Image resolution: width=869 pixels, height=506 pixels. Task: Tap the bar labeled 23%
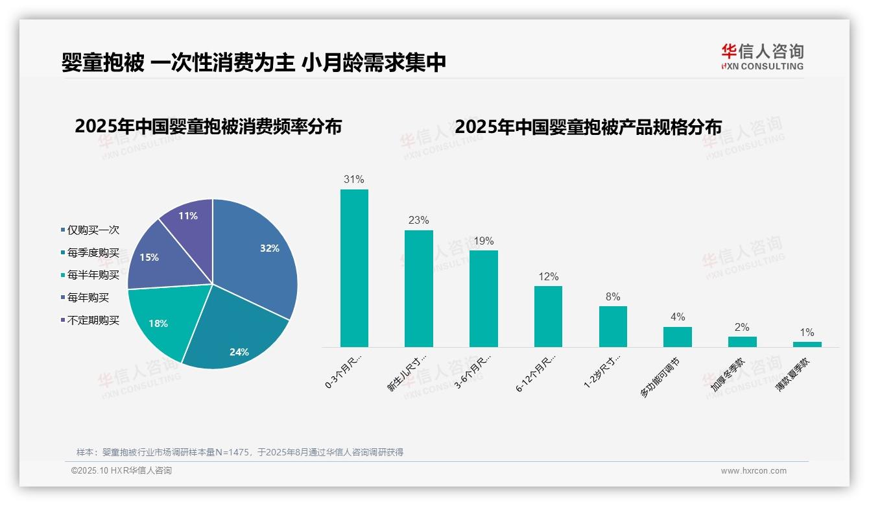coord(418,289)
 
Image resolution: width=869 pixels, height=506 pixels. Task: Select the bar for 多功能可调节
coord(677,337)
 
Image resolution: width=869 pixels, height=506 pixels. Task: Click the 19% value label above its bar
coord(483,241)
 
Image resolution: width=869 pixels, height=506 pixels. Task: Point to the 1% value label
coord(807,332)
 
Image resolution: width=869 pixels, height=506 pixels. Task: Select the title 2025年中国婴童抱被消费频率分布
coord(208,126)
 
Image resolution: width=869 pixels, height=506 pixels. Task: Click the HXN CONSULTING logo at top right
coord(762,57)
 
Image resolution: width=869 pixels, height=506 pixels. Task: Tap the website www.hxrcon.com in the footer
coord(754,471)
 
